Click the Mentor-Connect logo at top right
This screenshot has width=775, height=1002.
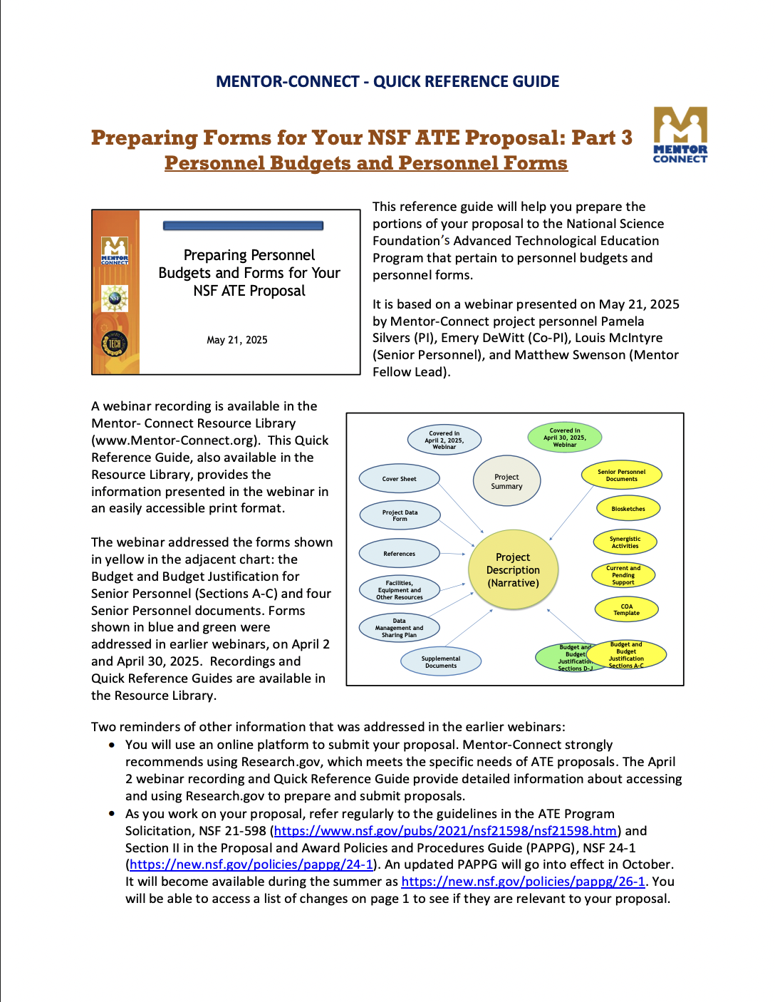[x=680, y=135]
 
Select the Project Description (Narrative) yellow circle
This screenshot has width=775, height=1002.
[x=513, y=569]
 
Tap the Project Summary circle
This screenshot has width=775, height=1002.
[x=506, y=482]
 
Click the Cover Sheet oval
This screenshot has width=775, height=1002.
[x=399, y=479]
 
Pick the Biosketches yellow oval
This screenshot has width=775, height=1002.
[x=628, y=509]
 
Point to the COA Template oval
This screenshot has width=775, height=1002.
[x=626, y=609]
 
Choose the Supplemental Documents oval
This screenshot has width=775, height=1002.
[x=441, y=662]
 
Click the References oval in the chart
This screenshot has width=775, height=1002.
[x=399, y=554]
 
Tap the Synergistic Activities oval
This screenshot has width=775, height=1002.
[x=625, y=542]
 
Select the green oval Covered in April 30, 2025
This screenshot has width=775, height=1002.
[x=564, y=438]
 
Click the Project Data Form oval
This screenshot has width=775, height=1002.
[x=400, y=515]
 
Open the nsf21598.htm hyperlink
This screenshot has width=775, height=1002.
[x=445, y=831]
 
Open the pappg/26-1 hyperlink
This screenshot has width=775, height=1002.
[x=523, y=882]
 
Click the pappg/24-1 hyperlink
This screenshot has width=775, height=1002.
[x=251, y=864]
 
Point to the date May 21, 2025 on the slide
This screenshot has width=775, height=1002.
[x=237, y=340]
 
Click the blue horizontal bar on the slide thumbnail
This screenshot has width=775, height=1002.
[x=243, y=226]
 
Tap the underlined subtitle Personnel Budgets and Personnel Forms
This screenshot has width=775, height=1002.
[x=365, y=163]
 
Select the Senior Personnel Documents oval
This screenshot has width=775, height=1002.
[x=621, y=475]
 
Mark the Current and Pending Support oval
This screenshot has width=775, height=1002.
[x=623, y=575]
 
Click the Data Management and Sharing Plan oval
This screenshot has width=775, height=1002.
[x=399, y=628]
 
